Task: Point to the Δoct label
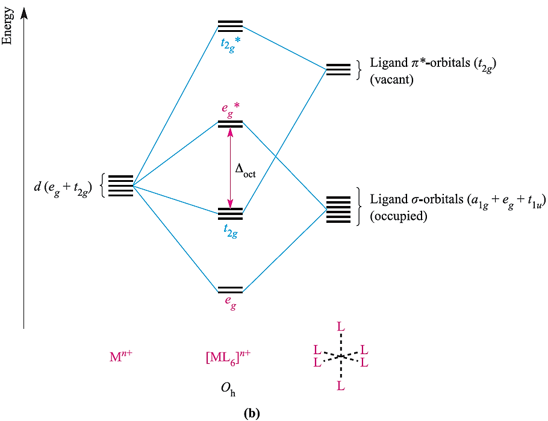point(245,170)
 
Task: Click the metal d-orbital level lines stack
point(120,186)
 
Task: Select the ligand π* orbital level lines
point(338,69)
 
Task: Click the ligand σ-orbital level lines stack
point(338,210)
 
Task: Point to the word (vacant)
point(391,79)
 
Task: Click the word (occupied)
point(398,216)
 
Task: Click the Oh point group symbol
point(229,389)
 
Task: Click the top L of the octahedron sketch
point(341,327)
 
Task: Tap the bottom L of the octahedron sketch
point(341,386)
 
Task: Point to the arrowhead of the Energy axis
point(24,12)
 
